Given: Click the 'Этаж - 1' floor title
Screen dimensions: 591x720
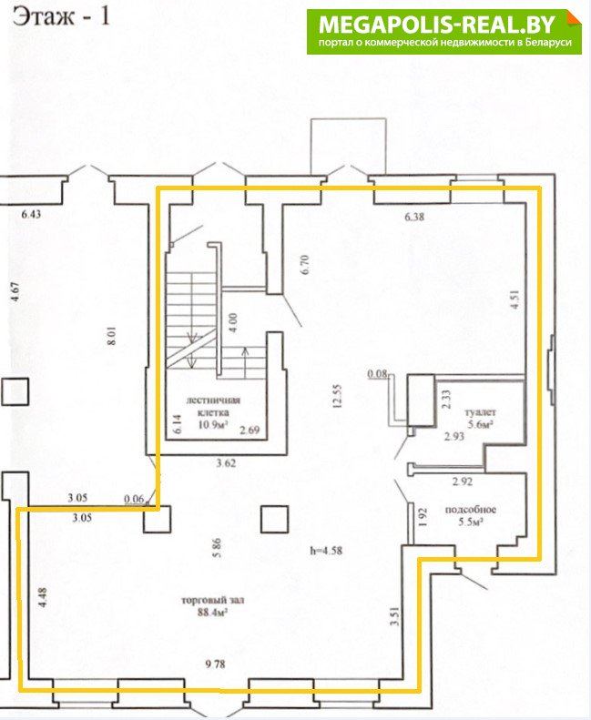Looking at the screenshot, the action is (61, 16).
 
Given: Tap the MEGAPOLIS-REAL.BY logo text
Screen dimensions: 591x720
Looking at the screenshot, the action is (437, 25).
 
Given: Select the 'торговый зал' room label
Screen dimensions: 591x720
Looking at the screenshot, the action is (212, 600).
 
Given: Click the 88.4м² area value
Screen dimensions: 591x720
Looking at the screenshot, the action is (212, 612).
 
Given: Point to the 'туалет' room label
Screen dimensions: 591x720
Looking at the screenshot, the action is (480, 412).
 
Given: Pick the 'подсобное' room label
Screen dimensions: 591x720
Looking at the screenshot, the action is (471, 509).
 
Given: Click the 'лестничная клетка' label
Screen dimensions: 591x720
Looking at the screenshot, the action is (212, 406).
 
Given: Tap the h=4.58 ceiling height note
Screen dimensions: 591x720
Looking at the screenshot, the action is (326, 550).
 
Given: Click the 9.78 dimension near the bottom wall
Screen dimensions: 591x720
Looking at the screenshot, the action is (216, 664).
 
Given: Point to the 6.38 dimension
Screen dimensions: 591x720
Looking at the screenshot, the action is (414, 217).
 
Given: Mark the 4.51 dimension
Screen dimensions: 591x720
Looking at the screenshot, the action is (515, 299).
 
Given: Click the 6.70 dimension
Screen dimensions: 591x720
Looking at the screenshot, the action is (305, 265).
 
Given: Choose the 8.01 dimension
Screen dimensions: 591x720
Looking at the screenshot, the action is (113, 336).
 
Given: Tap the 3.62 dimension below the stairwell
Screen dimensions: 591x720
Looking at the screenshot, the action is (226, 462).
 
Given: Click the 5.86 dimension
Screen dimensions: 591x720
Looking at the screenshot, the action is (217, 548).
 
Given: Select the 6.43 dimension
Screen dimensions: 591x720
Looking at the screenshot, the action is (31, 214).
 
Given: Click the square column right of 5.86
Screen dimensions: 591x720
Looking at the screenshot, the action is (275, 519).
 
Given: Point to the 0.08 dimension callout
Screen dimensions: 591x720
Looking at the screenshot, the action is (377, 374).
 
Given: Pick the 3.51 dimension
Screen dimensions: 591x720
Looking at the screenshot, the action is (395, 616).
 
